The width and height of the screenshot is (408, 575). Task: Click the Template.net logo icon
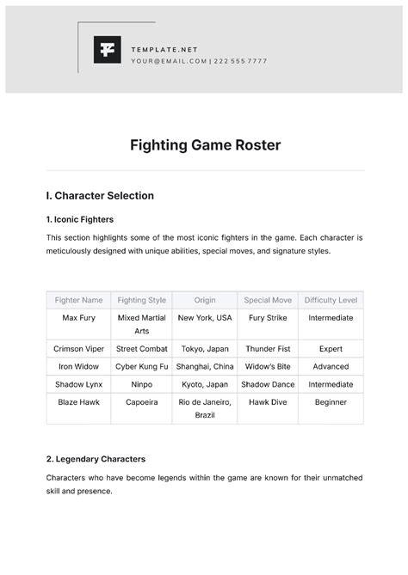tap(108, 50)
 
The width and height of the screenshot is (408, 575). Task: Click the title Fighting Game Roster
tap(205, 144)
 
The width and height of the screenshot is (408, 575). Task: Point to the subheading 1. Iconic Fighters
tap(80, 219)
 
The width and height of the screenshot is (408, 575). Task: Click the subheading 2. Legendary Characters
tap(96, 459)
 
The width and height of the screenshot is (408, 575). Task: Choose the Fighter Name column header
tap(78, 300)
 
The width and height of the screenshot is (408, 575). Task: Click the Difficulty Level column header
tap(331, 300)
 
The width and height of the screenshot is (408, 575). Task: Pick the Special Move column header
tap(268, 300)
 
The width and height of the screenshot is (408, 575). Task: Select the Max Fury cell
tap(78, 318)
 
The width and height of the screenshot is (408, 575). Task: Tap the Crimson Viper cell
tap(78, 349)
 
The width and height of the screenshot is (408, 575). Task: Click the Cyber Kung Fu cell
tap(141, 366)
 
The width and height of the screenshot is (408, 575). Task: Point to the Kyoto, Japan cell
tap(205, 384)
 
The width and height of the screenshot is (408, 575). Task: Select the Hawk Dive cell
tap(268, 401)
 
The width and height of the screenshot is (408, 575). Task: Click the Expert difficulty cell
tap(331, 349)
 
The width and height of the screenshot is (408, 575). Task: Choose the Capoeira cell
tap(141, 401)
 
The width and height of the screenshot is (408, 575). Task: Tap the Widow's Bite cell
tap(268, 366)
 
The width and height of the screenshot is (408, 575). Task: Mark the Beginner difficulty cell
tap(331, 401)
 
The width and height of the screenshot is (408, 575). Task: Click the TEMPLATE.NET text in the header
tap(164, 50)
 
